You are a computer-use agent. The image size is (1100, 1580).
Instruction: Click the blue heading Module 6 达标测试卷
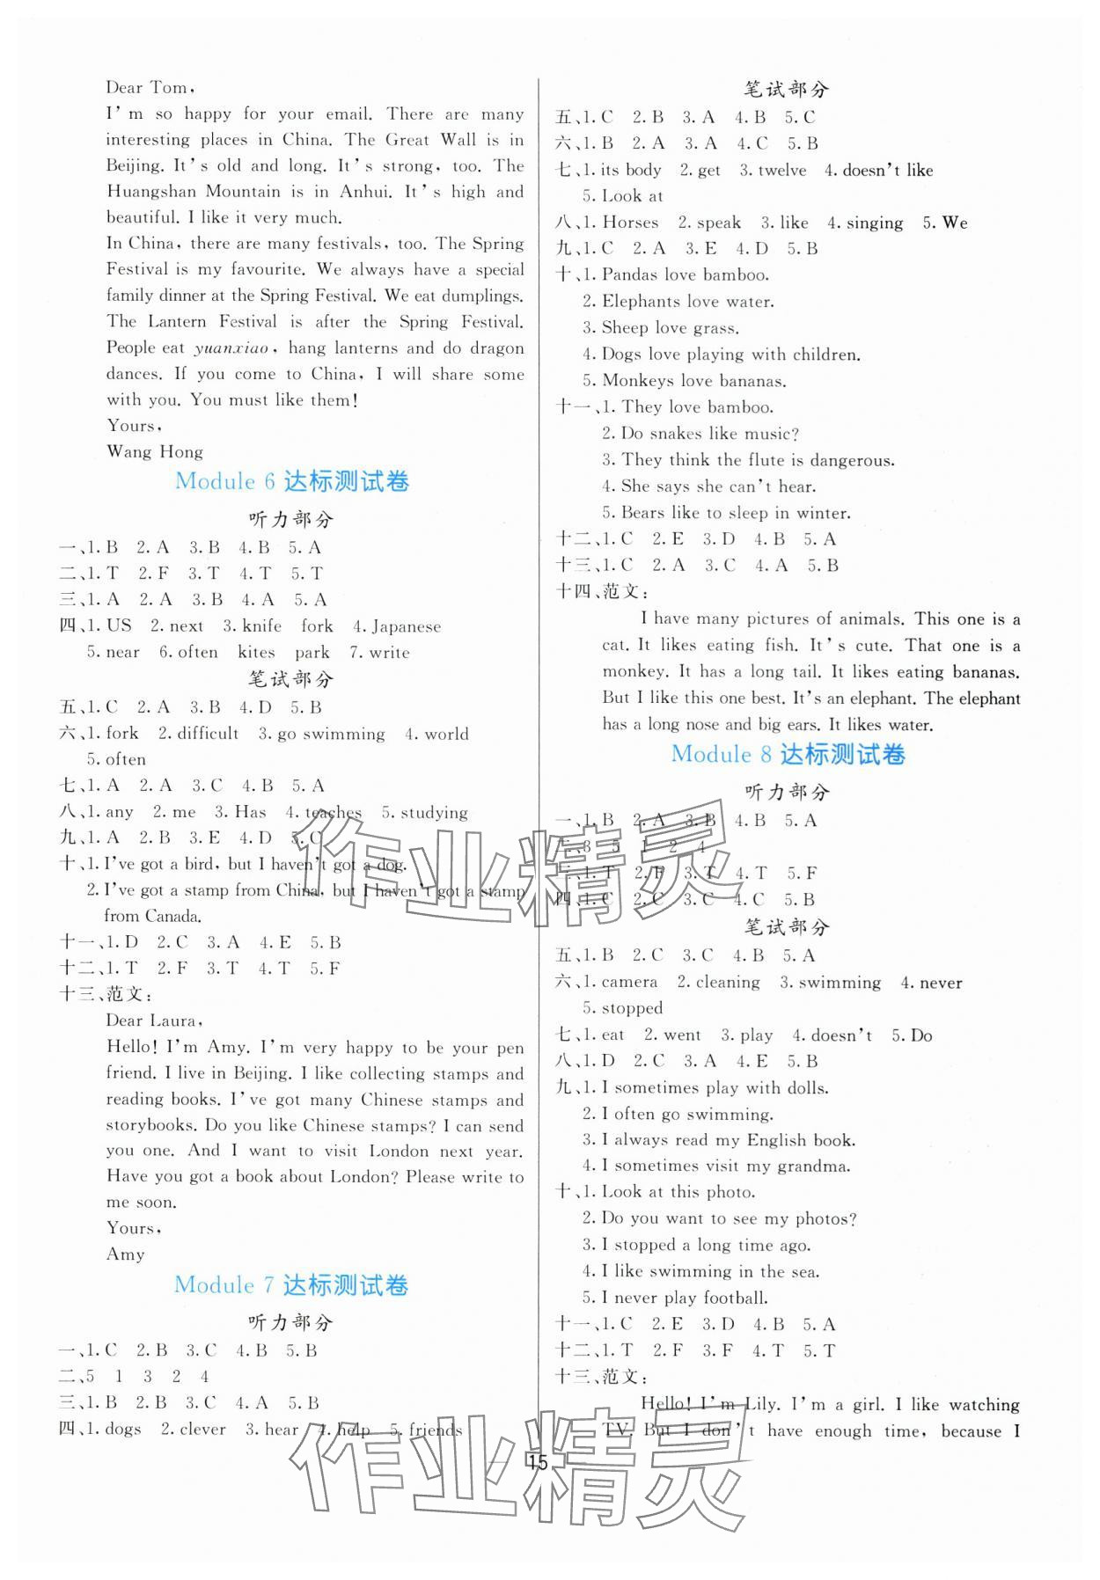(292, 481)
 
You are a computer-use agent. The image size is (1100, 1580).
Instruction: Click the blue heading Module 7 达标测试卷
(291, 1284)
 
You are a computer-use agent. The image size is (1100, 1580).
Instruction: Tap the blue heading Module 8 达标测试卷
(788, 754)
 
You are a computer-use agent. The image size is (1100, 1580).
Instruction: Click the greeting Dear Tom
(147, 87)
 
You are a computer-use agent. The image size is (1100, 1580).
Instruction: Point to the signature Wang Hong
(154, 452)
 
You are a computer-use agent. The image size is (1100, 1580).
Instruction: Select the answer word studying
(434, 812)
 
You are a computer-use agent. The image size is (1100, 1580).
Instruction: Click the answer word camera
(629, 982)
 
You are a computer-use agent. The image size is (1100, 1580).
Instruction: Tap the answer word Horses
(630, 223)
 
